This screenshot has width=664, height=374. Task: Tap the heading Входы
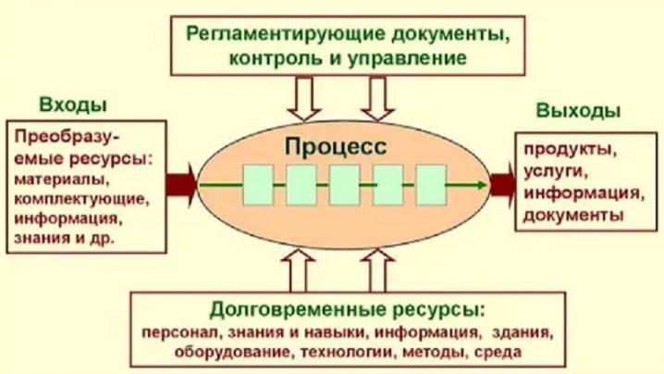72,103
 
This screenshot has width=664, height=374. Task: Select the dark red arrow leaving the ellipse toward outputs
502,183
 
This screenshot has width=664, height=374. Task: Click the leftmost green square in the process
258,184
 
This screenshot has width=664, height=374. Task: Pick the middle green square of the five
344,184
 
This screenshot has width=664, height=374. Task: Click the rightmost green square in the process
431,184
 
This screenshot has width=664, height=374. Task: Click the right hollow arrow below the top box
377,96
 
